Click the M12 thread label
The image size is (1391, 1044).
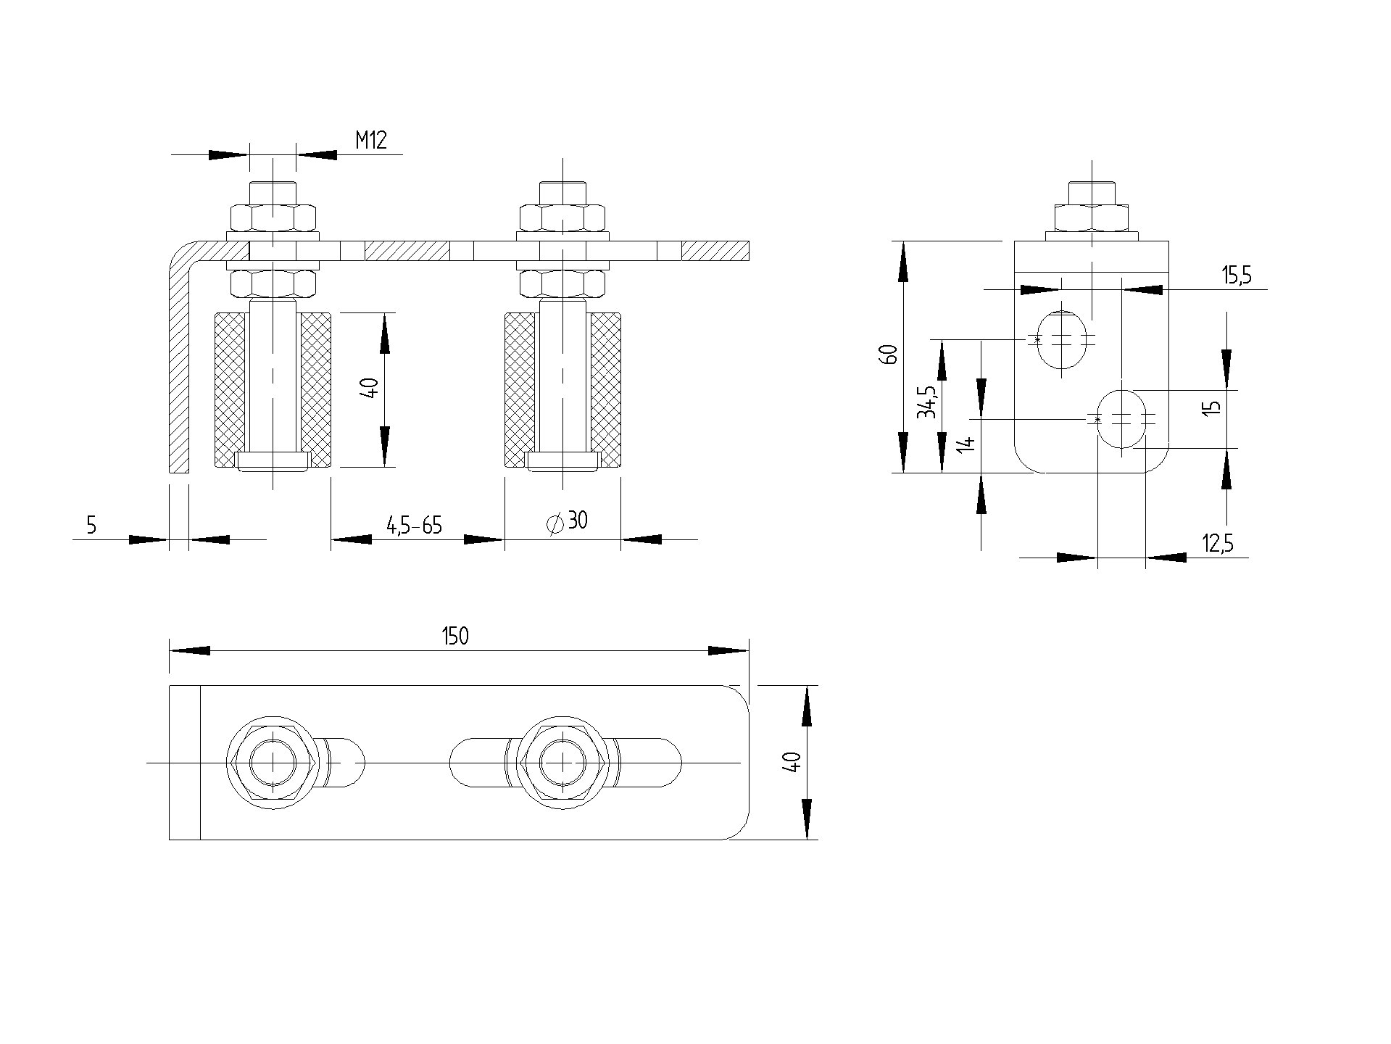tap(371, 140)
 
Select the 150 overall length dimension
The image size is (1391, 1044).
tap(455, 636)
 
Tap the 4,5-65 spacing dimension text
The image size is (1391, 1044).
tap(415, 525)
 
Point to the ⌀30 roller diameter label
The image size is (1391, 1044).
tap(567, 521)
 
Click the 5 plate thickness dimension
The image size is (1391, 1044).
tap(91, 525)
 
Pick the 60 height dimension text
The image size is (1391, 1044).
tap(890, 355)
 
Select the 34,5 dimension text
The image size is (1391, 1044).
tap(926, 402)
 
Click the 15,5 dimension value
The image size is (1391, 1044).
tap(1237, 275)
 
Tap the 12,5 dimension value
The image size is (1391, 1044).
tap(1218, 543)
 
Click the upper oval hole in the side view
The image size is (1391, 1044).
tap(1062, 339)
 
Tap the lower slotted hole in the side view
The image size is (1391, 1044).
tap(1122, 418)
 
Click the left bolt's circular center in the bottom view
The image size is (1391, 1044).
tap(273, 763)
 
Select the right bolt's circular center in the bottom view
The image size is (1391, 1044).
tap(562, 763)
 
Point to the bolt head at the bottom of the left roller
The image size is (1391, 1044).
tap(273, 461)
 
